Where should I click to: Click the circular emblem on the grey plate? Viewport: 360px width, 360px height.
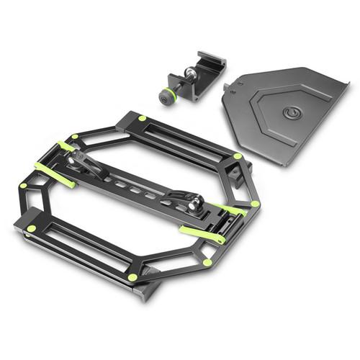pos(292,113)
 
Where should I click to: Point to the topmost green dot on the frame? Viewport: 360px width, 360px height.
pos(143,117)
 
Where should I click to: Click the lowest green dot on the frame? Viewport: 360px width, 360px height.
pos(132,277)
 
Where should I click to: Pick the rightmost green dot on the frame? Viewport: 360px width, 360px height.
pos(254,204)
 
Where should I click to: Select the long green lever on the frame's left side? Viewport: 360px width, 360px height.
pos(55,176)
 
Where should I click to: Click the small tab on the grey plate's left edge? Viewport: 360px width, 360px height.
pos(227,88)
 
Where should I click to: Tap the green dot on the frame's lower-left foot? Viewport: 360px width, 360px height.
pos(31,228)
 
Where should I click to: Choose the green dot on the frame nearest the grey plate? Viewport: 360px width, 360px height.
pos(238,156)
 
